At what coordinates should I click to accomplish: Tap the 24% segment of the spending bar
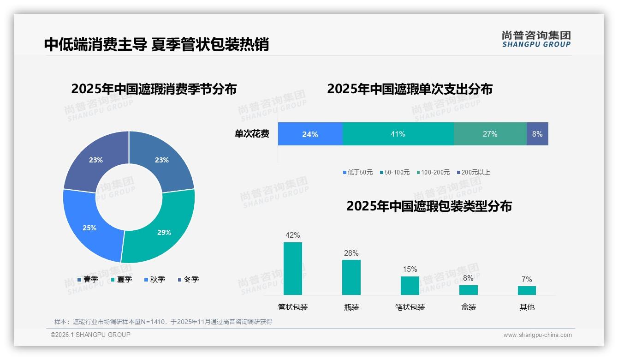(x=310, y=134)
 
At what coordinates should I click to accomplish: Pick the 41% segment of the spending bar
(x=398, y=134)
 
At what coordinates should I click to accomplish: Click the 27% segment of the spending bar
(x=490, y=134)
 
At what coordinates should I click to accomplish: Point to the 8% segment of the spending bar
(x=537, y=134)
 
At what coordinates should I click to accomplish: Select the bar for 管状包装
(x=293, y=269)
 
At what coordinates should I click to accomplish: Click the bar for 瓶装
(x=351, y=277)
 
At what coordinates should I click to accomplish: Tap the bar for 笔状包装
(x=410, y=285)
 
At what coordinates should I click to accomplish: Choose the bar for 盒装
(x=469, y=290)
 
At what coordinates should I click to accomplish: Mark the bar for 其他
(x=527, y=290)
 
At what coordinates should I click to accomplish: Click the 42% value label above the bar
(x=293, y=235)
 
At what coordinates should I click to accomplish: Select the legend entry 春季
(x=88, y=279)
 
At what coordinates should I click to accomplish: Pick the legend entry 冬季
(x=188, y=279)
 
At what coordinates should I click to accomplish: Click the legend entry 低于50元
(x=358, y=172)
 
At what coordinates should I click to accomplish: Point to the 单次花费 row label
(x=252, y=134)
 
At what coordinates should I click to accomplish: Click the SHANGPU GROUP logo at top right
(x=536, y=39)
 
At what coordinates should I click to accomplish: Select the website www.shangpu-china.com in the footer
(x=537, y=335)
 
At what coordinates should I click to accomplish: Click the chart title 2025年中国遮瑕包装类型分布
(x=429, y=206)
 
